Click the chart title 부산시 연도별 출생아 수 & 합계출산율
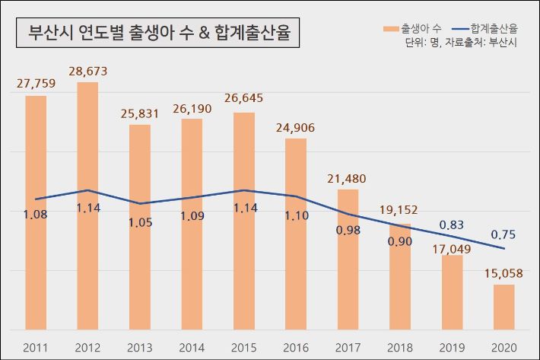point(158,33)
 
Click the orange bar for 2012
point(87,205)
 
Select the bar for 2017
point(348,259)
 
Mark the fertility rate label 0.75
point(503,234)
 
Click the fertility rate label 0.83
point(452,225)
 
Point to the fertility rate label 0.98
point(348,230)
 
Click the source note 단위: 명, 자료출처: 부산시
point(461,43)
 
